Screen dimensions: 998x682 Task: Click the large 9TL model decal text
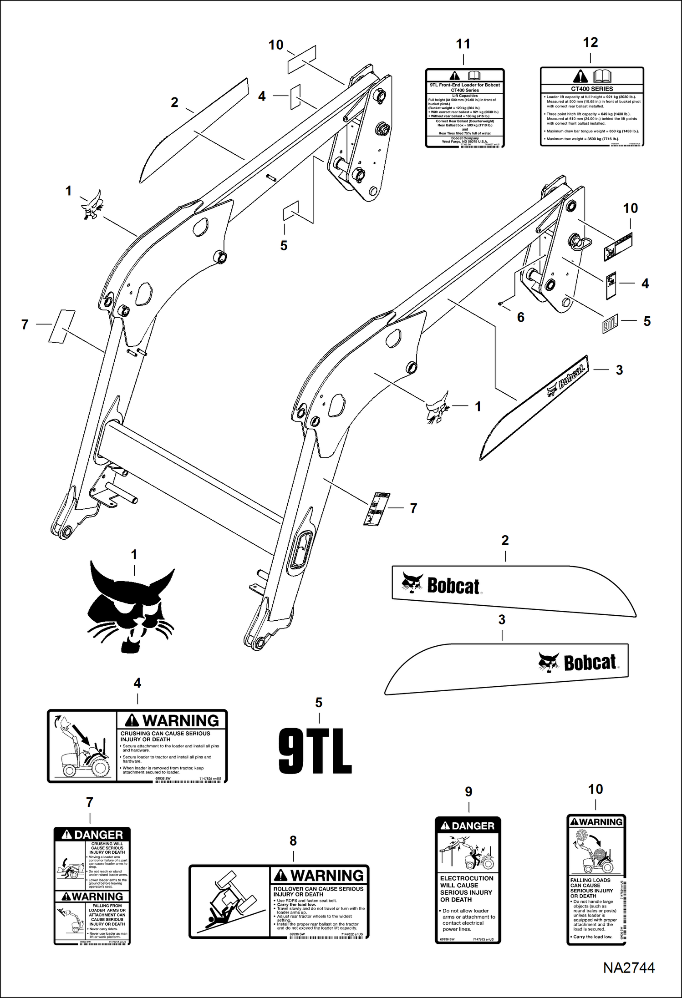pos(315,751)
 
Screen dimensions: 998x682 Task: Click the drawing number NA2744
pos(629,980)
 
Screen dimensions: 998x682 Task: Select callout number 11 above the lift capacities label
pos(463,44)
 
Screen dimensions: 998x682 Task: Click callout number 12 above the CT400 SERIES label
pos(590,42)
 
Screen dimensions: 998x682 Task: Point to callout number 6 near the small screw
pos(520,317)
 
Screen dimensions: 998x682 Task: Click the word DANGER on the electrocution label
pos(473,826)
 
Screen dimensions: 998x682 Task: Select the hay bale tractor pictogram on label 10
pos(595,851)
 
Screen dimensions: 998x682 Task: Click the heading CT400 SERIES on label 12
pos(592,89)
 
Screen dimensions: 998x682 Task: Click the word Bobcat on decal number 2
pos(453,586)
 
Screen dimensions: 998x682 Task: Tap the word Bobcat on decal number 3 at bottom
pos(590,663)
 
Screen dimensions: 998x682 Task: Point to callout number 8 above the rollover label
pos(293,841)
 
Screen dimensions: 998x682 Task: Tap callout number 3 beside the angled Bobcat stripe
pos(619,370)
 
